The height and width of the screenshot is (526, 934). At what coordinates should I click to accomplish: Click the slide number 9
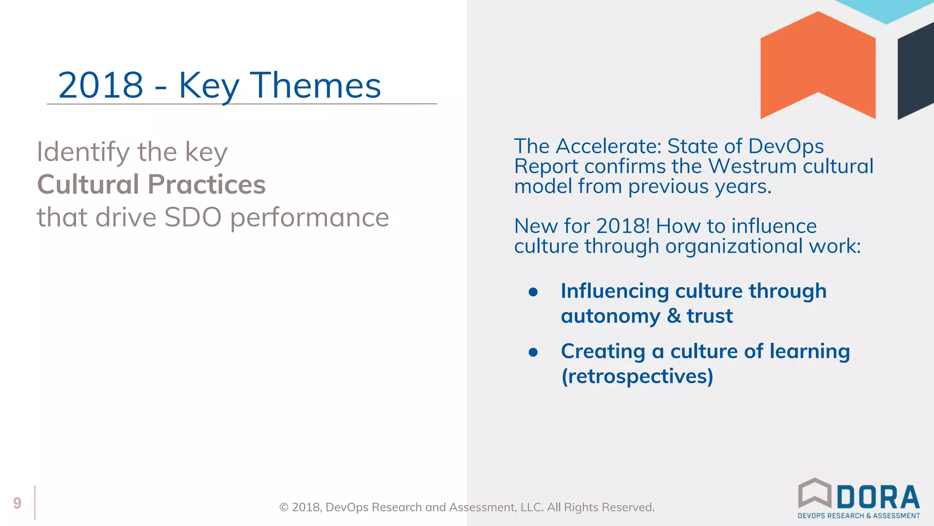[17, 503]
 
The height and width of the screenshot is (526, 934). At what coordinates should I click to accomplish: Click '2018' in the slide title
[100, 85]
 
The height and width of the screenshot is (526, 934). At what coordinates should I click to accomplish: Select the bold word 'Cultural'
[88, 184]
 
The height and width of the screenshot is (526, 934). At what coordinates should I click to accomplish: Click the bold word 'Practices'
[207, 184]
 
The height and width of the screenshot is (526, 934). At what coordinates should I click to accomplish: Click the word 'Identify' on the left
[83, 153]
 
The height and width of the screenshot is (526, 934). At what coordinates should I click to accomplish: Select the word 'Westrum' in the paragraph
[752, 166]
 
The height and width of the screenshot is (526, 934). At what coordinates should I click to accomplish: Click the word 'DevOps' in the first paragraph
[786, 147]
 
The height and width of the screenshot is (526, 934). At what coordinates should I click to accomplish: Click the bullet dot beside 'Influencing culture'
[533, 292]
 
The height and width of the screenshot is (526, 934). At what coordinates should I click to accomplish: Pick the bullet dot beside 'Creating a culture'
[533, 352]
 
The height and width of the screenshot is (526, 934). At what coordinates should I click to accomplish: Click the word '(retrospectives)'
[637, 377]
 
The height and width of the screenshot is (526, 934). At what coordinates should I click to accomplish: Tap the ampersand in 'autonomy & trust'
[674, 316]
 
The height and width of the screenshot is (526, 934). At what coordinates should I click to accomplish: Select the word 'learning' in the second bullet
[809, 352]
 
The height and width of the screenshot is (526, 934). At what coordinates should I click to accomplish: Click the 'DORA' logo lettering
[878, 497]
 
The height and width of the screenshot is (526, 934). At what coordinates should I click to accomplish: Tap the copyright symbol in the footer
[284, 507]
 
